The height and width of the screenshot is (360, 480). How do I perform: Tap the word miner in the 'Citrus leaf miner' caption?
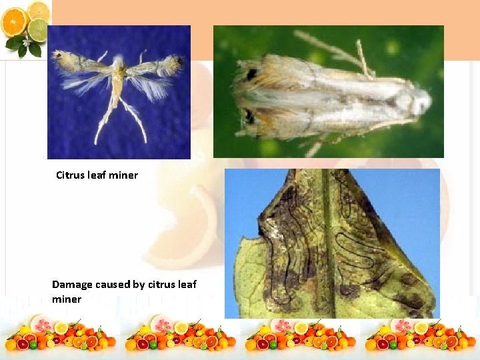(x=124, y=175)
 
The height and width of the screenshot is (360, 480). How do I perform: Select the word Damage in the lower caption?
(x=72, y=285)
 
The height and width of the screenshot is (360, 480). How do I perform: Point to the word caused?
(x=112, y=285)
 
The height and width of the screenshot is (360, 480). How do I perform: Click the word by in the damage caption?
(x=139, y=285)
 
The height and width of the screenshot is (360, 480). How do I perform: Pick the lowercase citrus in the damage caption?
(x=161, y=285)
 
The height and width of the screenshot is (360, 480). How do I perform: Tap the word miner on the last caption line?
(x=67, y=299)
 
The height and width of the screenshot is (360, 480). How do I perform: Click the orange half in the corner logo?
(x=13, y=24)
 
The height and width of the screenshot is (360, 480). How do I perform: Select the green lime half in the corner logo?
(x=38, y=30)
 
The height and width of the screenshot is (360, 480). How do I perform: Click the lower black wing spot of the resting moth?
(x=249, y=117)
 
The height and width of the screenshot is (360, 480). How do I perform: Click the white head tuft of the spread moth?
(x=118, y=61)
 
